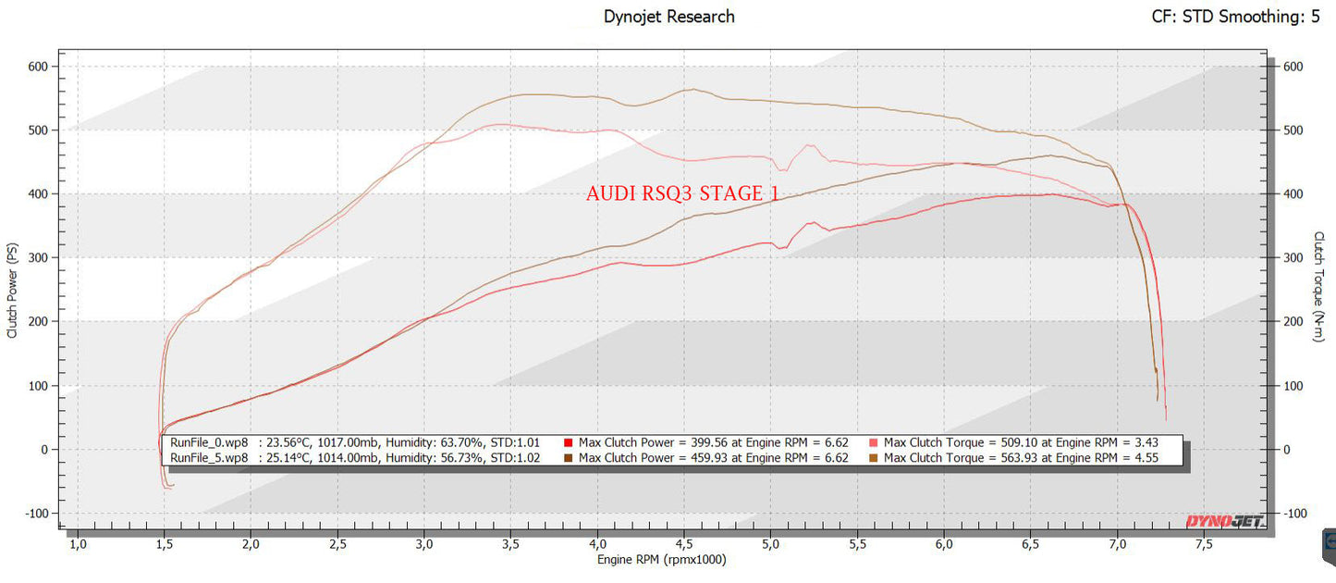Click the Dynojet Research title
pos(668,17)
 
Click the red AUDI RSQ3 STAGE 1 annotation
pos(682,193)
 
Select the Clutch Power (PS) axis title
pos(13,290)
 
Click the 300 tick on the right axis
pos(1293,258)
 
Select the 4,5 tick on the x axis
pos(684,544)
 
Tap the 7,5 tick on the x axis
pos(1204,544)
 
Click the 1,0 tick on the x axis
pos(78,544)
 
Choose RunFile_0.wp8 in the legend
pos(209,442)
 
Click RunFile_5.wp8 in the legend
pos(209,457)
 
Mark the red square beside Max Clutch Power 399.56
pos(569,442)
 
